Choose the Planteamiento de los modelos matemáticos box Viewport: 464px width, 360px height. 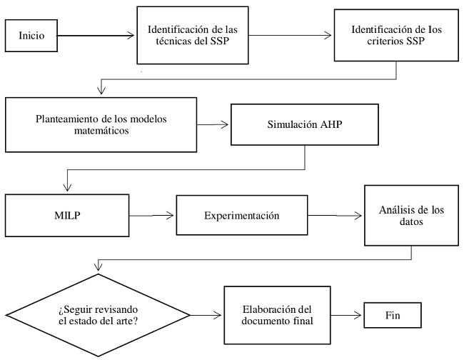(x=101, y=124)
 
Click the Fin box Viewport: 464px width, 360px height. (x=392, y=314)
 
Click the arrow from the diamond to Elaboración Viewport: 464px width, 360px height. (x=208, y=314)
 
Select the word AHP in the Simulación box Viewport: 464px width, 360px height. (x=336, y=125)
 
